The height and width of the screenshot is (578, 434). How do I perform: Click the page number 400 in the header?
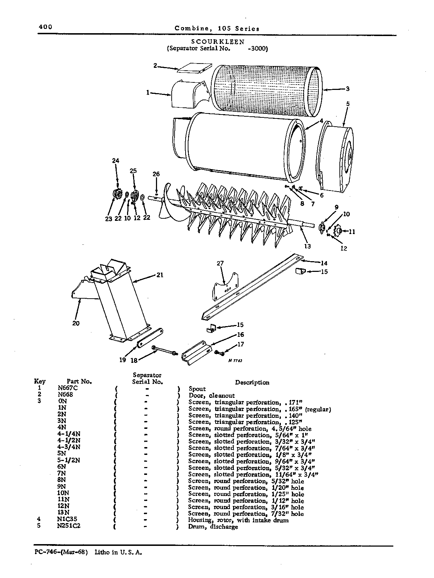pyautogui.click(x=46, y=27)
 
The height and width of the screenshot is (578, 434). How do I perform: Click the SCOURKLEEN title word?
pyautogui.click(x=218, y=42)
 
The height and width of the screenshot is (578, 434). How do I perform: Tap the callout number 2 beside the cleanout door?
pyautogui.click(x=155, y=65)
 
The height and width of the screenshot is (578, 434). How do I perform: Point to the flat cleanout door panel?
pyautogui.click(x=195, y=68)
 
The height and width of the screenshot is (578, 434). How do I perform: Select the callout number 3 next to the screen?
pyautogui.click(x=348, y=89)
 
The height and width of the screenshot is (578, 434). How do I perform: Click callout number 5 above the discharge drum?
pyautogui.click(x=348, y=104)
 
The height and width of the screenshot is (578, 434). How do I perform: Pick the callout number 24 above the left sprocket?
pyautogui.click(x=116, y=161)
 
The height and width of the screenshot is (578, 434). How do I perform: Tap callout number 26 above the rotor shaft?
pyautogui.click(x=156, y=174)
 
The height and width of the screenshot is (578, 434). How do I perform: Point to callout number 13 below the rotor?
pyautogui.click(x=308, y=246)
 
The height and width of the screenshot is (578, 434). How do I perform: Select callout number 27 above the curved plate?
pyautogui.click(x=220, y=263)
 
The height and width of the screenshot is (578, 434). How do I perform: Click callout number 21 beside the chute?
pyautogui.click(x=160, y=275)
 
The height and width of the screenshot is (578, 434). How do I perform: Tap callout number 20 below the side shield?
pyautogui.click(x=76, y=323)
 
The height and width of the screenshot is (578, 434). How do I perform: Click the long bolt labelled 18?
pyautogui.click(x=165, y=351)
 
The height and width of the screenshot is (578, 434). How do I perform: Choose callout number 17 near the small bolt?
pyautogui.click(x=241, y=344)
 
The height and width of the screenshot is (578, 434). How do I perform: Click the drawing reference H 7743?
pyautogui.click(x=235, y=360)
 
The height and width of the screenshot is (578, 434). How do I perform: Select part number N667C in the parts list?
pyautogui.click(x=68, y=388)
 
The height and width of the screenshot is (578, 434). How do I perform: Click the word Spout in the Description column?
pyautogui.click(x=197, y=389)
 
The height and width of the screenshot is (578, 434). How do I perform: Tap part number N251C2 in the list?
pyautogui.click(x=69, y=526)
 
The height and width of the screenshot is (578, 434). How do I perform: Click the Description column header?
pyautogui.click(x=252, y=382)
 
